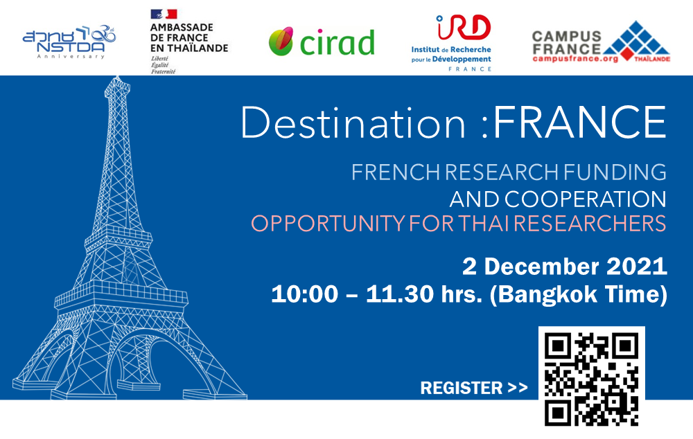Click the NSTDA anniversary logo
point(69,42)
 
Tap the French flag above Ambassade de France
point(164,14)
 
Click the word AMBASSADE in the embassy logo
point(182,28)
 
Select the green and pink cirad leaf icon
point(281,41)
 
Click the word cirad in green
point(337,42)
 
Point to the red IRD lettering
point(463,27)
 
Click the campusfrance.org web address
point(575,59)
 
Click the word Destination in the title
point(353,123)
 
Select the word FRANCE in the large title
point(579,123)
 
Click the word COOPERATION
point(585,199)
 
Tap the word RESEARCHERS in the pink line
point(590,224)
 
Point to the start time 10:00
point(304,294)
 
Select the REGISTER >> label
point(474,388)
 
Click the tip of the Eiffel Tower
point(117,77)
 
